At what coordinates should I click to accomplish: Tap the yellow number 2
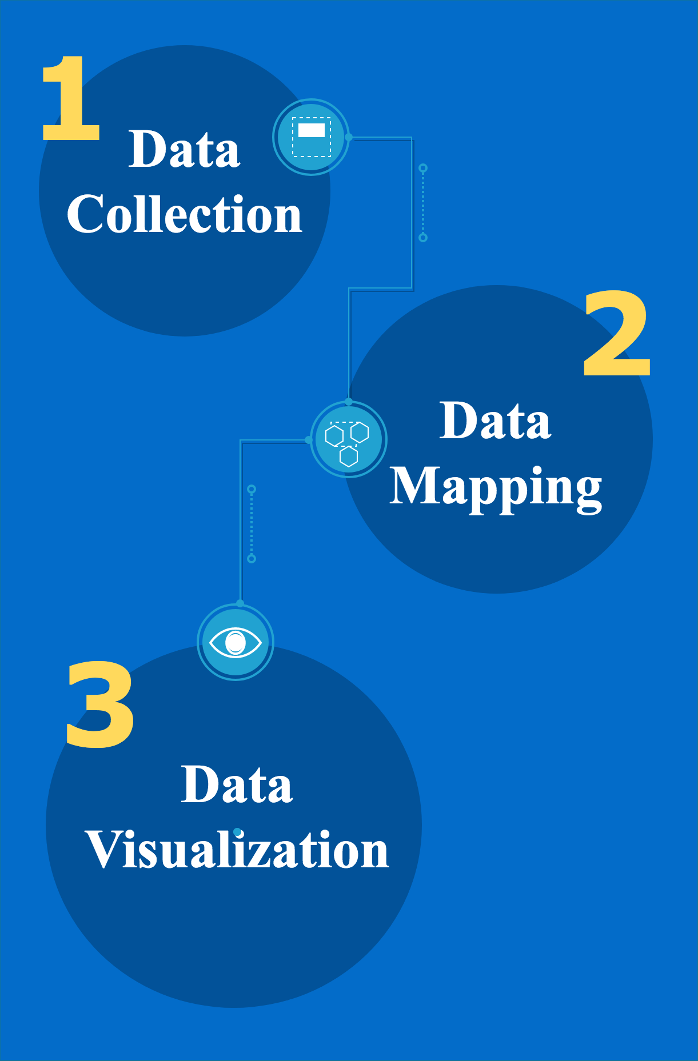pos(617,333)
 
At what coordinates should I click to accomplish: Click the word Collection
pos(184,214)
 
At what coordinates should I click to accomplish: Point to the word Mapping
pos(496,488)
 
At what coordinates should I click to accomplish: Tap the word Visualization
pos(237,850)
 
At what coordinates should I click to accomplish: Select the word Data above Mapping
pos(495,421)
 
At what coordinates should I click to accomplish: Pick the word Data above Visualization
pos(237,784)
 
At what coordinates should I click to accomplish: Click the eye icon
pos(236,642)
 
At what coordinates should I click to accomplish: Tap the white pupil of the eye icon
pos(236,643)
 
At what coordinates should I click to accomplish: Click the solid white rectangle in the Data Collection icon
pos(312,130)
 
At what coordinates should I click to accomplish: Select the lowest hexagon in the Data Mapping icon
pos(349,457)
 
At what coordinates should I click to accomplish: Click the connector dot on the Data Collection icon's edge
pos(349,137)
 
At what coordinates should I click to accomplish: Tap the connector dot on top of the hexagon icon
pos(349,402)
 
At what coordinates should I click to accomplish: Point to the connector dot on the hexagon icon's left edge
pos(309,440)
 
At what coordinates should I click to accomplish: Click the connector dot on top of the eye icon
pos(240,603)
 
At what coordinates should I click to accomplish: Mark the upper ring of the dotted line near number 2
pos(423,168)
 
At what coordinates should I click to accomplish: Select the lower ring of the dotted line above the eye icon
pos(252,558)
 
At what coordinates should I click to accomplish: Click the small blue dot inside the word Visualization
pos(237,832)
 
